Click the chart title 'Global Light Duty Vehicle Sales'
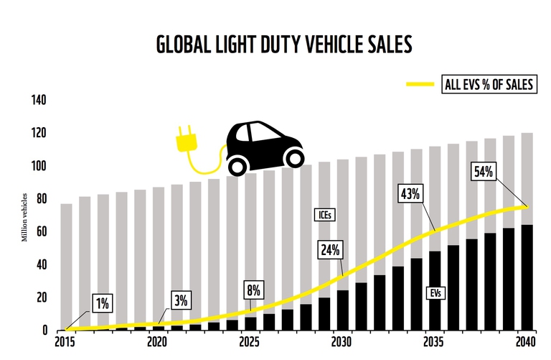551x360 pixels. pos(284,45)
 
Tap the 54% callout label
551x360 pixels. pos(484,172)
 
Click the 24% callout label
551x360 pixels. pos(332,250)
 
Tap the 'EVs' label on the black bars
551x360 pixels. pos(436,294)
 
